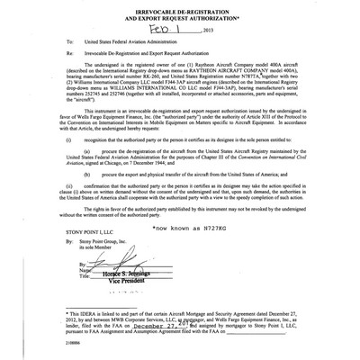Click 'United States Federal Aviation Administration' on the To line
point(124,41)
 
